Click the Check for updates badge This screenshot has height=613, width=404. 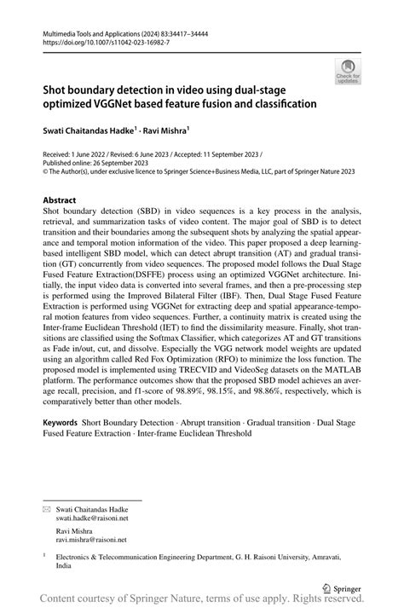coord(347,72)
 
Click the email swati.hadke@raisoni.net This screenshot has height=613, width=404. coord(92,518)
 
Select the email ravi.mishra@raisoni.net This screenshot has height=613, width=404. coord(90,539)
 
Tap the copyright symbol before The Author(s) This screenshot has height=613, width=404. coord(46,171)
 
